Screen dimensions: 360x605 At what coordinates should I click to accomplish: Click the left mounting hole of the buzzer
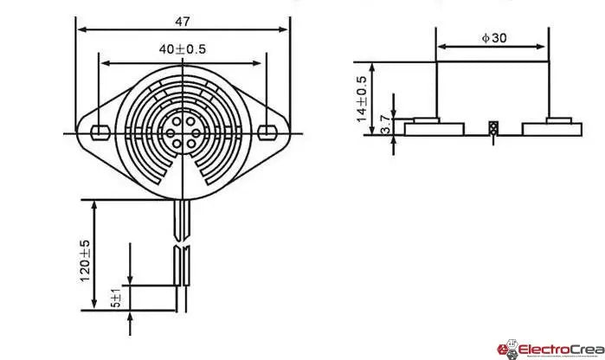[x=100, y=132]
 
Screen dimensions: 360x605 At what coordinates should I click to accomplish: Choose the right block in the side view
[x=552, y=128]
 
